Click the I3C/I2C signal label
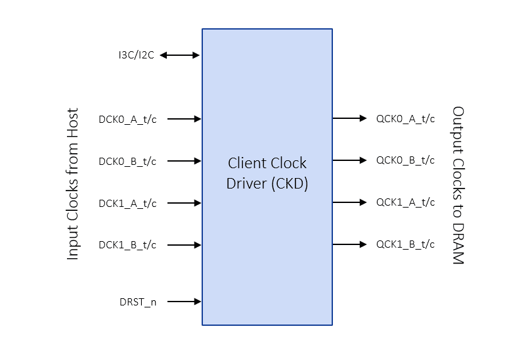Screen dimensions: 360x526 (136, 56)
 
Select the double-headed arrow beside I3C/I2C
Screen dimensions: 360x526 (179, 56)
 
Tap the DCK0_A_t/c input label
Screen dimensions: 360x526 (127, 120)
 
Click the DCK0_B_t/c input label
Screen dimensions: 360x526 (127, 161)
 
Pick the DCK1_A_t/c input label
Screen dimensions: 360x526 (127, 204)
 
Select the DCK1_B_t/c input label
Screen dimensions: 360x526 (127, 246)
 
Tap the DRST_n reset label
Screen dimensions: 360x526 (138, 302)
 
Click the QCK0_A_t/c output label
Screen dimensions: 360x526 (405, 119)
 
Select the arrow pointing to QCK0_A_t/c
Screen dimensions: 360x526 (349, 118)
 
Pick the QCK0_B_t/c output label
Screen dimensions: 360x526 (405, 160)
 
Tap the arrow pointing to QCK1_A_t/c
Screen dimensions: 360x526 (349, 202)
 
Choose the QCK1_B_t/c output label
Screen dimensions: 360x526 (405, 244)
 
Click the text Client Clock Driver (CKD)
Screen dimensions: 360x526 (267, 173)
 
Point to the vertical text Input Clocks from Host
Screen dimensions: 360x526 (73, 184)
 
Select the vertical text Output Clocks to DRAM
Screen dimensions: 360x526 (458, 185)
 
